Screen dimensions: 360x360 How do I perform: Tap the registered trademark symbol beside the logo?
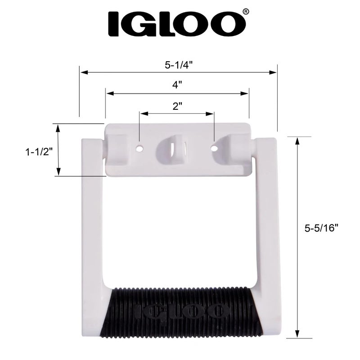245,11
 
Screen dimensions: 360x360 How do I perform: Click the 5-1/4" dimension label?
179,64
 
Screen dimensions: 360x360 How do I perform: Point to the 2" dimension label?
177,106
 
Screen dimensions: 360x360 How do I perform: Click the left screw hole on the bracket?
140,147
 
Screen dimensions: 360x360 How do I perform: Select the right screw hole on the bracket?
215,147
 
